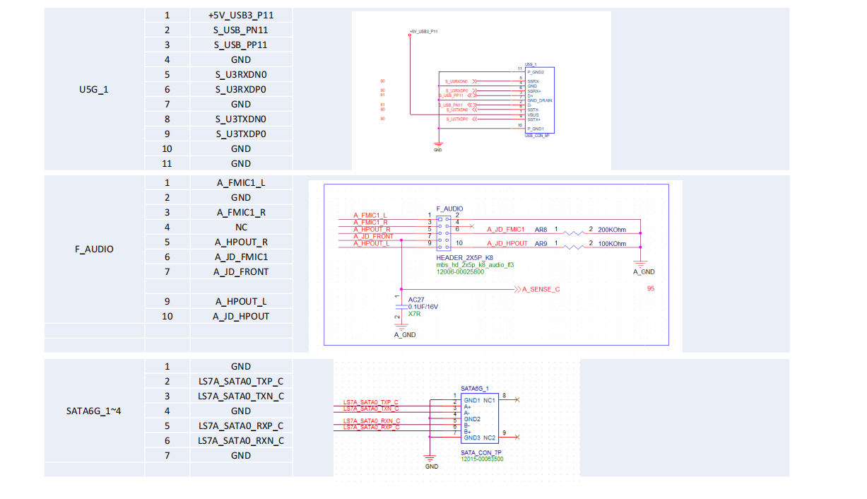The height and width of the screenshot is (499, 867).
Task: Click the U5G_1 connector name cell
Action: coord(94,89)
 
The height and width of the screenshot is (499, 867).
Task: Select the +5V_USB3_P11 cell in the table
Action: coord(241,15)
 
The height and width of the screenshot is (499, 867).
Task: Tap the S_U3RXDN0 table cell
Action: coord(241,74)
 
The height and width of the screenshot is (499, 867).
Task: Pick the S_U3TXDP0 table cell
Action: coord(241,134)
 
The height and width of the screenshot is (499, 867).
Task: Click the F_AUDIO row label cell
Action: coord(94,249)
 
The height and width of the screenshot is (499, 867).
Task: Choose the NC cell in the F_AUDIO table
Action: coord(241,227)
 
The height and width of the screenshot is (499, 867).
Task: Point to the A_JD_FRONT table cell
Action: coord(241,271)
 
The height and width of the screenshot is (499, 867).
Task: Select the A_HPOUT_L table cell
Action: coord(241,301)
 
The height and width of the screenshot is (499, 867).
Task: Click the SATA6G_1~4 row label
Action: coord(94,411)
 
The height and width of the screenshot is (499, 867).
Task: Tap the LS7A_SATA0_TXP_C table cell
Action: coord(241,381)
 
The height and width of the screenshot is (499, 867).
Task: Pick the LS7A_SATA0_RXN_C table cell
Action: coord(241,440)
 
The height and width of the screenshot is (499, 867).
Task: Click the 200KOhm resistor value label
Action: coord(612,230)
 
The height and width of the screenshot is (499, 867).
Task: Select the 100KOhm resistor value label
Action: coord(612,244)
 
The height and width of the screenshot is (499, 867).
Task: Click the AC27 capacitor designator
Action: coord(416,300)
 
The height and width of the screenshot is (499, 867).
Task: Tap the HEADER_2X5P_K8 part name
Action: coord(464,258)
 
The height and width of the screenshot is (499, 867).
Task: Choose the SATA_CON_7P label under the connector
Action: coord(480,452)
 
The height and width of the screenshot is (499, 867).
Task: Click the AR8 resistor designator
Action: coord(541,230)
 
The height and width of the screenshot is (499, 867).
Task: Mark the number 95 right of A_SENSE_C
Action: coord(651,289)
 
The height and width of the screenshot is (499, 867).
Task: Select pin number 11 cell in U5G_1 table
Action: coord(167,163)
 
